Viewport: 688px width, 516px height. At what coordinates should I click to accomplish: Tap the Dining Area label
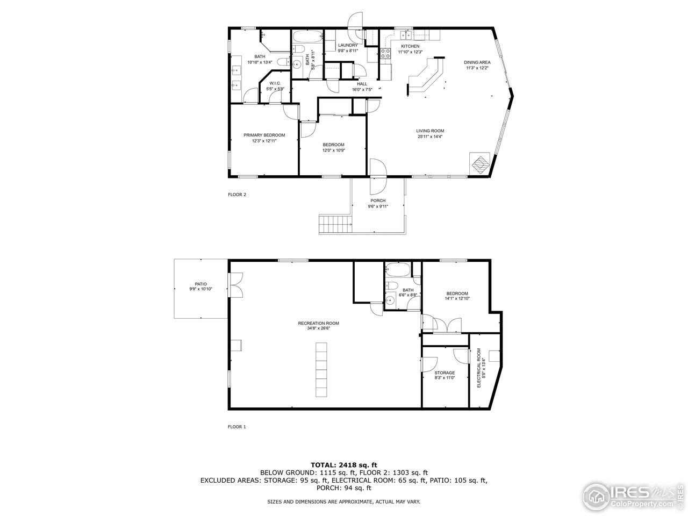coord(477,62)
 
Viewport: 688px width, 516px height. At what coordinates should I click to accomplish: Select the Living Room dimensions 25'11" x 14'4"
coord(429,137)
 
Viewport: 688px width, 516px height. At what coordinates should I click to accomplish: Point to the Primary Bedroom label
coord(264,135)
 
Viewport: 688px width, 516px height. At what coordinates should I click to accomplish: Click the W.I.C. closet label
coord(275,83)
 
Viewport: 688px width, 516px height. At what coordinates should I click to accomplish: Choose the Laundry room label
coord(348,45)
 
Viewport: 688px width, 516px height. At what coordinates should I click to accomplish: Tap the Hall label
coord(362,84)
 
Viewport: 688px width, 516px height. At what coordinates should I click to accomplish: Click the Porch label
coord(378,200)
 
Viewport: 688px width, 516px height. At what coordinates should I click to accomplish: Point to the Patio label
coord(200,284)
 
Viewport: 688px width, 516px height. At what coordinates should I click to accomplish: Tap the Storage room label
coord(445,372)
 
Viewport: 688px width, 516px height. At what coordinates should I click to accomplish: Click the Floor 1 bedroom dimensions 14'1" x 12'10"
coord(457,298)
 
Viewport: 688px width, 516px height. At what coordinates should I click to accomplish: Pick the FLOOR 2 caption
coord(236,195)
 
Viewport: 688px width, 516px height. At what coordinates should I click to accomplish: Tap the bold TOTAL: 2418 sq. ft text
coord(344,464)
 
